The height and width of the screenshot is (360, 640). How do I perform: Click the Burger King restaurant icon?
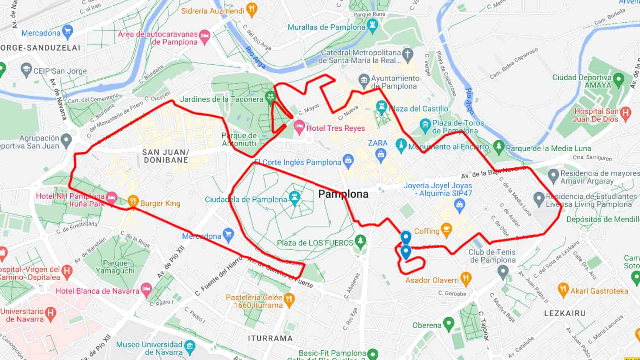click(133, 201)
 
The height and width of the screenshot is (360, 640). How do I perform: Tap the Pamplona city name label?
click(343, 194)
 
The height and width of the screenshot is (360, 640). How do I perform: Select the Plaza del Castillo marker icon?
click(381, 107)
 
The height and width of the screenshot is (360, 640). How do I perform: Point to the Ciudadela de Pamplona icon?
click(294, 197)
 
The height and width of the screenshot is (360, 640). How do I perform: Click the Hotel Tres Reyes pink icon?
click(299, 126)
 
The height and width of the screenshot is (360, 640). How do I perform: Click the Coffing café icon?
click(446, 229)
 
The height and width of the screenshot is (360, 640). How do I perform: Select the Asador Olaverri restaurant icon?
click(465, 278)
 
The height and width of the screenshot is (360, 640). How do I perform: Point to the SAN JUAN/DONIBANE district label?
click(166, 156)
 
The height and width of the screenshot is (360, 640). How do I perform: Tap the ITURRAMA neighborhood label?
click(270, 338)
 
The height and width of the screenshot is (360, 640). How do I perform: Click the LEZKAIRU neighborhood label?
click(565, 313)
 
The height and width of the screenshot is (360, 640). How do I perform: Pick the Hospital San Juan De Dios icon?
click(625, 113)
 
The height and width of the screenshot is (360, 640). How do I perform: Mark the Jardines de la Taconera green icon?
click(271, 97)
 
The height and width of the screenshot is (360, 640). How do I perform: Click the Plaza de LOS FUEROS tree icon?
click(360, 241)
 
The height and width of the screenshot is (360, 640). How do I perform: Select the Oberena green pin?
click(449, 323)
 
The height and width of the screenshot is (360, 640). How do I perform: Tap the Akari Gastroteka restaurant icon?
click(563, 289)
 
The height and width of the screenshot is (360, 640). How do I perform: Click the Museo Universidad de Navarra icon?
click(190, 346)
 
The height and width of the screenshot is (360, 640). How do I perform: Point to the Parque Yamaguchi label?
click(115, 267)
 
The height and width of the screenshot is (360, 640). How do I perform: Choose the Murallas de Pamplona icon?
click(373, 25)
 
